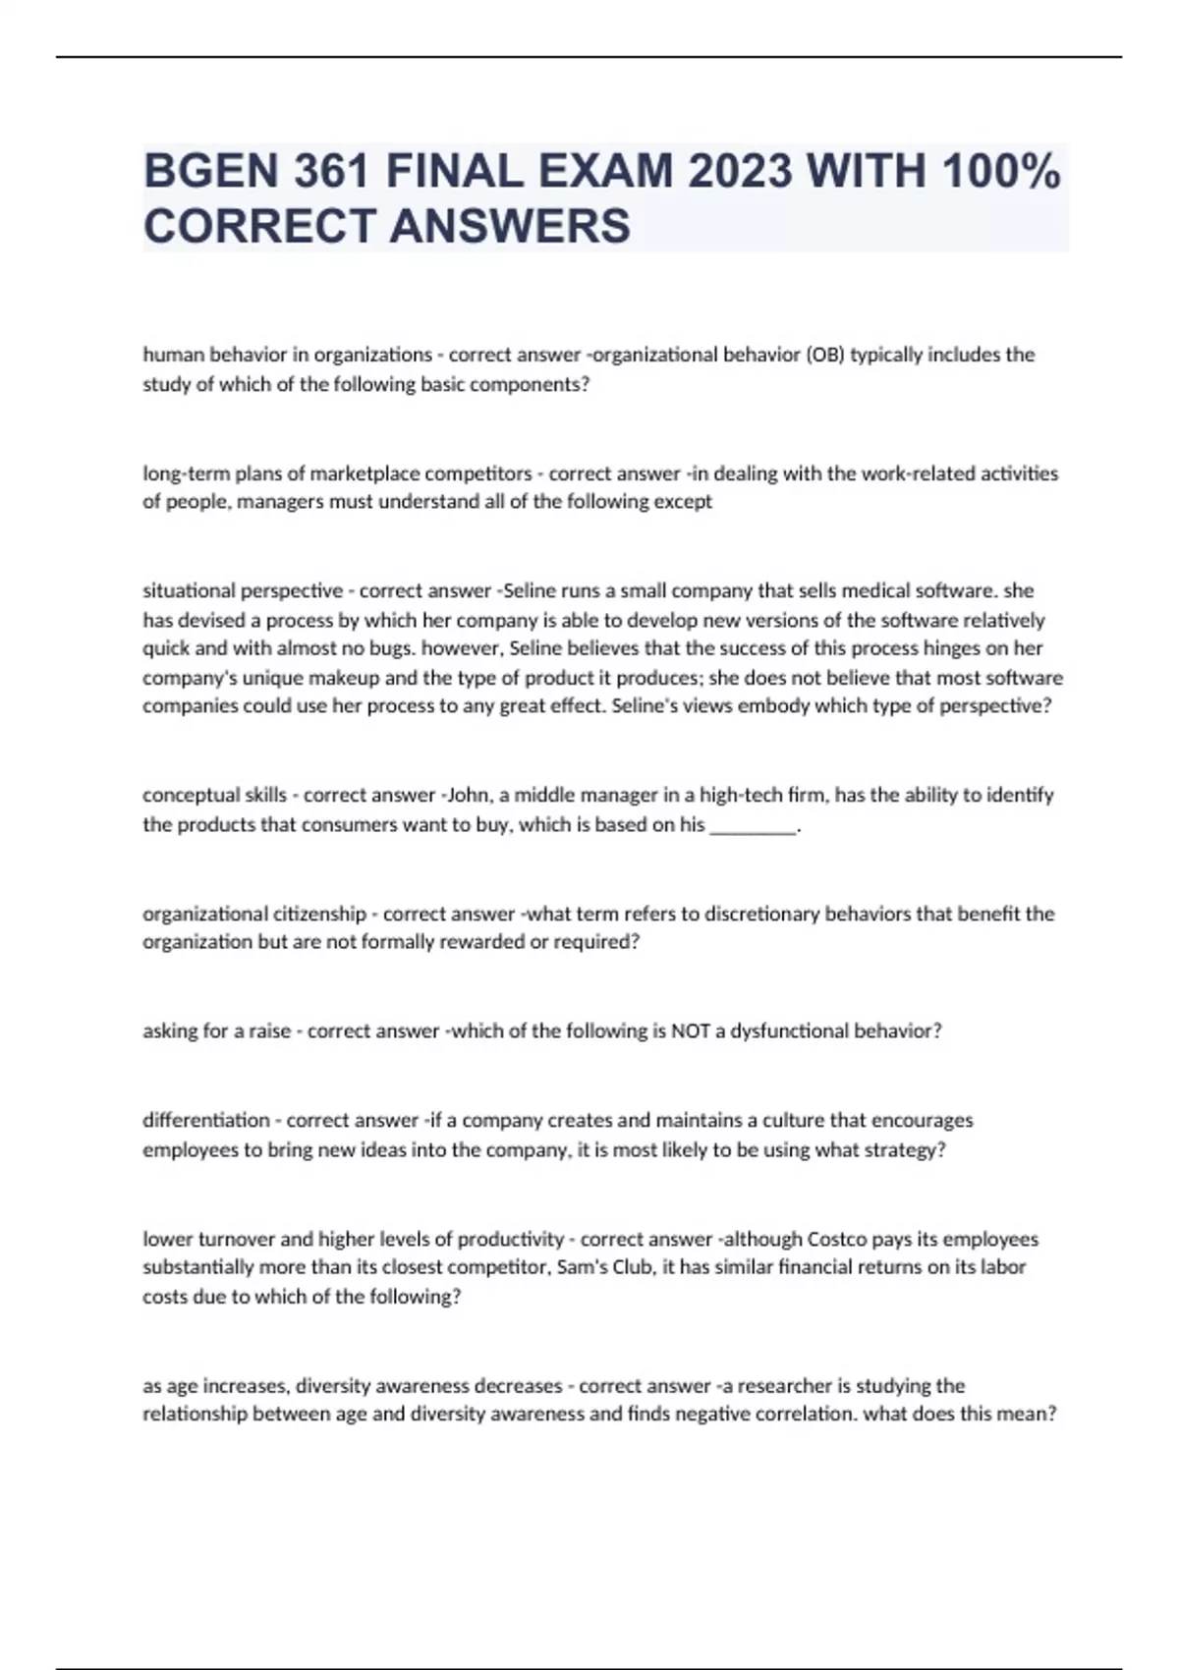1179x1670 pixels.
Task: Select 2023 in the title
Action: click(739, 172)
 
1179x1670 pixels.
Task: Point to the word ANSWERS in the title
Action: click(510, 226)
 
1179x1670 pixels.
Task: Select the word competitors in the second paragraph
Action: click(480, 473)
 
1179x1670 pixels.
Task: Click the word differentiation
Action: click(206, 1121)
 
